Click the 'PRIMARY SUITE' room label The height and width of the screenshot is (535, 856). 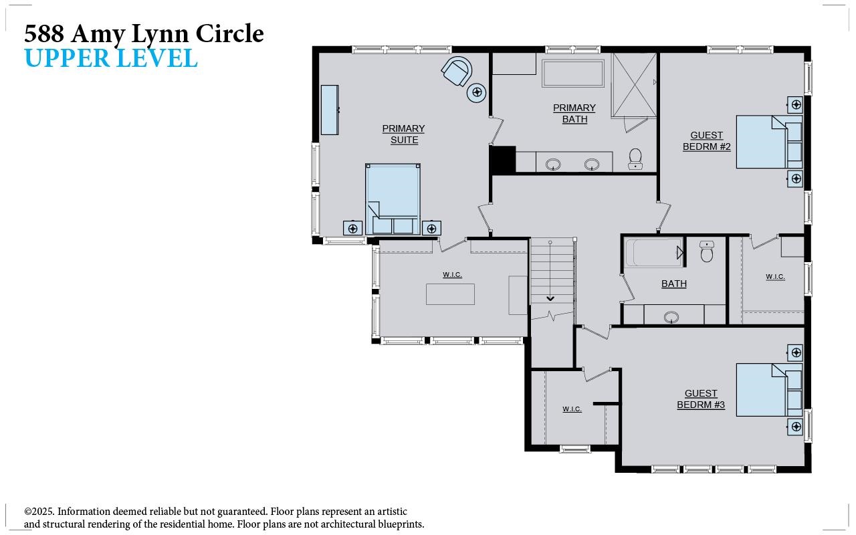pos(403,134)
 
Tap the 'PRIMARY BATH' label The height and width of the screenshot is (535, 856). pos(574,114)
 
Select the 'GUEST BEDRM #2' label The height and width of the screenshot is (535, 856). pos(706,141)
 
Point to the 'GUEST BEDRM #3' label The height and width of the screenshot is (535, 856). pos(701,399)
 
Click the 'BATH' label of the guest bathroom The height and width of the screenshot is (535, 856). pos(673,284)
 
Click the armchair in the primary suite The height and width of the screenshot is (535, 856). pos(457,72)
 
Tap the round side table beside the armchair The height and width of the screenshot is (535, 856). pos(477,92)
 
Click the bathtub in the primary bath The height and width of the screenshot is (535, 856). pos(573,73)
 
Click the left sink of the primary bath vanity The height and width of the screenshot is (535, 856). pos(553,164)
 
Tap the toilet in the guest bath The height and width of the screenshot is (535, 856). pos(707,251)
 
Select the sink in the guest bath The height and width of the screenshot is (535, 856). pos(671,316)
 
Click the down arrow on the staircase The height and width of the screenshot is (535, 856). pos(550,298)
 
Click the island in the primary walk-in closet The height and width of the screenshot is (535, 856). pos(450,294)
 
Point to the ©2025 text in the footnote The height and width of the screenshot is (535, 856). pos(39,512)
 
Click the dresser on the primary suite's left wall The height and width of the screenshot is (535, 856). pos(329,110)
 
